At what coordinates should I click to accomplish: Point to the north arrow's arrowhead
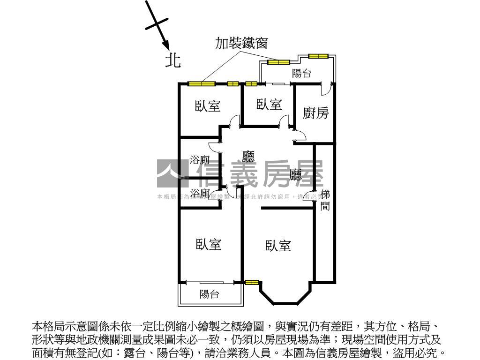pos(166,45)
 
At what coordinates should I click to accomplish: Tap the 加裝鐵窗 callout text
pos(241,44)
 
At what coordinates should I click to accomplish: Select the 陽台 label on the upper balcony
pos(301,73)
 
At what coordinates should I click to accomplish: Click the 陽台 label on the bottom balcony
pos(209,294)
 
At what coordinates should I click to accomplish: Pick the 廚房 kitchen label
pos(315,113)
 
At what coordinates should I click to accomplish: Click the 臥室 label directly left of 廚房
pos(269,105)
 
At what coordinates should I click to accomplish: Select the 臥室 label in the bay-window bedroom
pos(278,246)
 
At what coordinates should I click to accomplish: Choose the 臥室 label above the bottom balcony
pos(209,244)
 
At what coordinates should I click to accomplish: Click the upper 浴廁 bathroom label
pos(199,159)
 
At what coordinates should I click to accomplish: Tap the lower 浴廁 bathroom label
pos(199,193)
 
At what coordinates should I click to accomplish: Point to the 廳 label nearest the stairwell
pos(296,175)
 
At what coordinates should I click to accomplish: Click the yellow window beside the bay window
pos(252,282)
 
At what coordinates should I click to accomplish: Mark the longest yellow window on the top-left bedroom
pos(202,84)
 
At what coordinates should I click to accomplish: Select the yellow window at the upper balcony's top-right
pos(318,56)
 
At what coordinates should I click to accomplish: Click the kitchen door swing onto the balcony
pos(327,88)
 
